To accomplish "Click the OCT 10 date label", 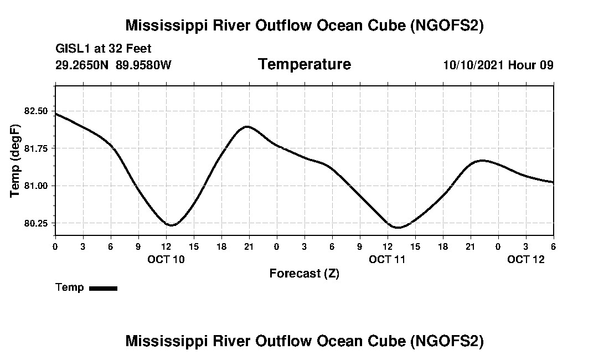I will (x=166, y=259).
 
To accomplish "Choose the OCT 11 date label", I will (x=388, y=259).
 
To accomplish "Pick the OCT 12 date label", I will (x=526, y=259).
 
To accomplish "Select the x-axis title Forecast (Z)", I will (x=304, y=274).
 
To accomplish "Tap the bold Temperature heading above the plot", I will (x=304, y=65).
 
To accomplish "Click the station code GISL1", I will (x=70, y=49).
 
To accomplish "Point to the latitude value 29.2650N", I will (x=82, y=65).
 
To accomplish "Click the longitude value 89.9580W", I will (x=143, y=65).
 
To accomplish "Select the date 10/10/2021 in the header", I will (x=473, y=65).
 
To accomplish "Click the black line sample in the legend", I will (x=103, y=288).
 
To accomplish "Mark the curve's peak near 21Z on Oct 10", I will (x=247, y=126).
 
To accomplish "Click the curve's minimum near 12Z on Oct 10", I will (x=171, y=225).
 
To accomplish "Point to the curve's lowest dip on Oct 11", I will (x=397, y=227).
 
